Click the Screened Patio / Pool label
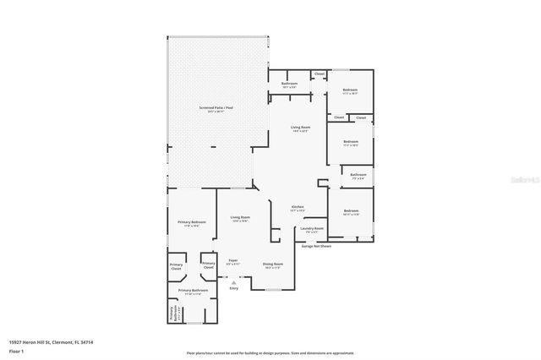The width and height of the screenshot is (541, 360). [x=217, y=109]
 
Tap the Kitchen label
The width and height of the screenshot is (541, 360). [x=298, y=208]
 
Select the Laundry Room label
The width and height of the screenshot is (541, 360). [x=312, y=229]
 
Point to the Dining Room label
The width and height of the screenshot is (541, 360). [x=272, y=265]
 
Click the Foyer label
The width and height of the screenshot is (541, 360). [x=233, y=261]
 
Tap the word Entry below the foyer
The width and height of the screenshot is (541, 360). [x=234, y=288]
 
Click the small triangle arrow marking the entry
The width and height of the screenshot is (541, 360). [x=222, y=282]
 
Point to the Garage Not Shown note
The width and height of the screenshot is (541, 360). [x=317, y=247]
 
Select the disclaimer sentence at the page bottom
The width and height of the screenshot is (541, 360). [x=270, y=352]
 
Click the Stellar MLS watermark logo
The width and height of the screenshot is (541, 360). [x=523, y=180]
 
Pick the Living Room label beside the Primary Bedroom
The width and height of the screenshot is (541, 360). [x=240, y=218]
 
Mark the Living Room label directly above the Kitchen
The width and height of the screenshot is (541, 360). [x=300, y=128]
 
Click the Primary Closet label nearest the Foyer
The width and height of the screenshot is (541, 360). [x=208, y=265]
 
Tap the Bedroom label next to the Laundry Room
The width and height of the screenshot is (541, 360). [x=351, y=212]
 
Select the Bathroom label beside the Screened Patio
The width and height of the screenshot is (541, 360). [x=289, y=85]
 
